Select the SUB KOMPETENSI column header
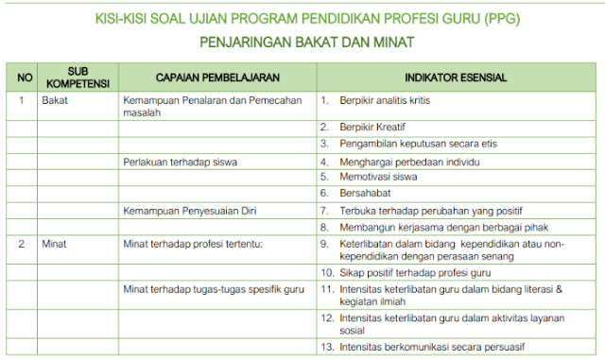click(78, 76)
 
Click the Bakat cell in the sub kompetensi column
click(55, 98)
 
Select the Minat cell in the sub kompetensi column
click(55, 243)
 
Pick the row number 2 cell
click(22, 243)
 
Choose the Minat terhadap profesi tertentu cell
click(191, 243)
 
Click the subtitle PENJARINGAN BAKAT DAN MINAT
click(306, 43)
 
